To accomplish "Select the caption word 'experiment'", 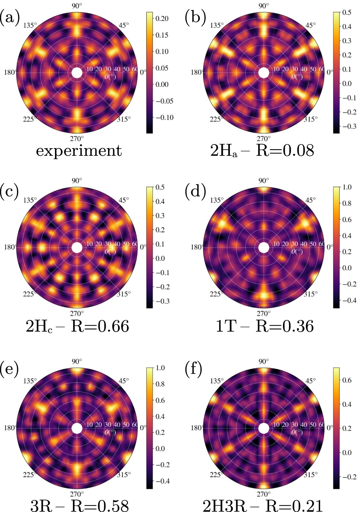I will [79, 151].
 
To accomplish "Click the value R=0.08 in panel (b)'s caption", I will [285, 150].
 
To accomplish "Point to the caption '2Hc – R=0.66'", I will [78, 326].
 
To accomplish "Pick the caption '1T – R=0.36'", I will [265, 326].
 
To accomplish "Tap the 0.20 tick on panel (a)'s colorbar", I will [162, 19].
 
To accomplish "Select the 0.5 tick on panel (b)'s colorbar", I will [347, 12].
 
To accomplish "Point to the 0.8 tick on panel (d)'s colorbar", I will [347, 203].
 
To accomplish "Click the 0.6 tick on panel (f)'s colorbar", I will [347, 380].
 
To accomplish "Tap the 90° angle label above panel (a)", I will [77, 6].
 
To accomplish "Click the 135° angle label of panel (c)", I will [30, 200].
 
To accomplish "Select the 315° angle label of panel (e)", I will [123, 475].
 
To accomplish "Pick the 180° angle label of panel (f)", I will [197, 428].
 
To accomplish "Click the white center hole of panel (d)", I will [264, 247].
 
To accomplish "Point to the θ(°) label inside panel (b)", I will [297, 77].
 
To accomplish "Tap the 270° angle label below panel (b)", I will [264, 139].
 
